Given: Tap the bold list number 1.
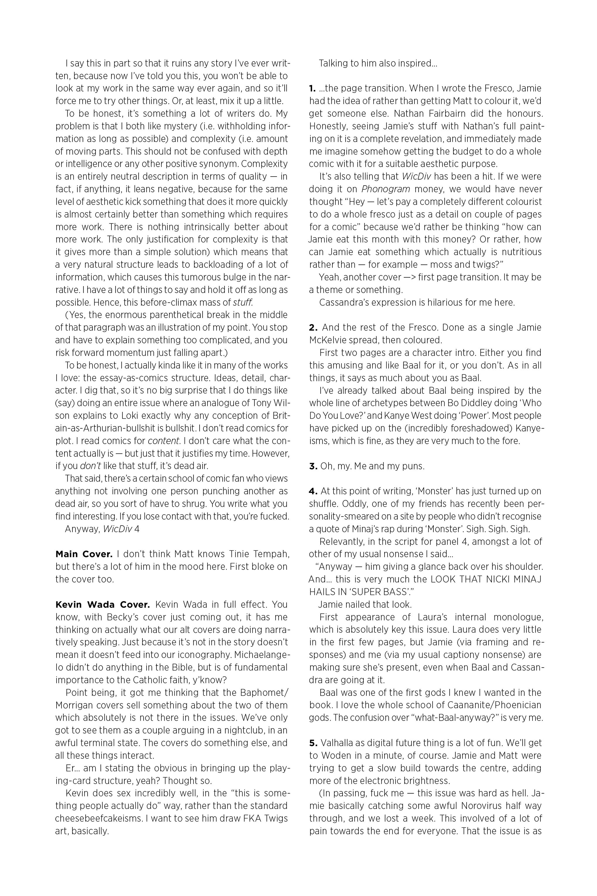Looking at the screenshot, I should coord(312,88).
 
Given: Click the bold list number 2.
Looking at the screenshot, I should coord(313,327).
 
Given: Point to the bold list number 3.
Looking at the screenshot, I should coord(313,466).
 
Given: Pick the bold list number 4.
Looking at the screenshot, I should coord(313,491).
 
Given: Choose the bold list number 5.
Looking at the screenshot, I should coord(313,743).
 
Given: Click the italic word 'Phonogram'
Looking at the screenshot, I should coord(385,189).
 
